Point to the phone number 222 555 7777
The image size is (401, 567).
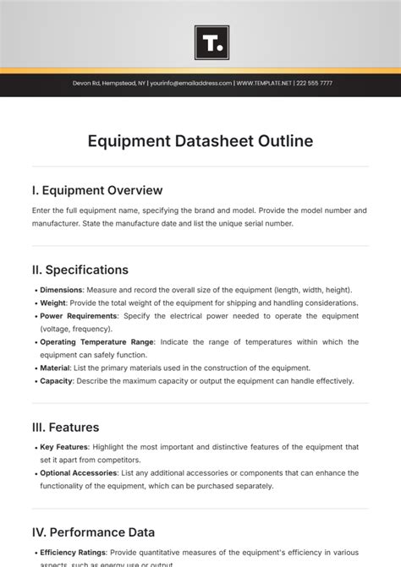[x=314, y=84]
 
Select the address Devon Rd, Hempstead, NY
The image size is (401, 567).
[x=107, y=84]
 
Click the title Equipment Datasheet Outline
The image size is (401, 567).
[x=200, y=141]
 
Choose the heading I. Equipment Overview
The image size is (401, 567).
[x=96, y=190]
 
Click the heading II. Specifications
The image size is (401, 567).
[x=80, y=270]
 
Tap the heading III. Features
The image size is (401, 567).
[x=65, y=427]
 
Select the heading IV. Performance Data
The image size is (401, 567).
[x=93, y=532]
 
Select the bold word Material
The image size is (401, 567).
[x=55, y=368]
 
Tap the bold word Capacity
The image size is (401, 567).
[x=56, y=381]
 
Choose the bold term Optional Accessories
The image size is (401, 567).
[x=78, y=473]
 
